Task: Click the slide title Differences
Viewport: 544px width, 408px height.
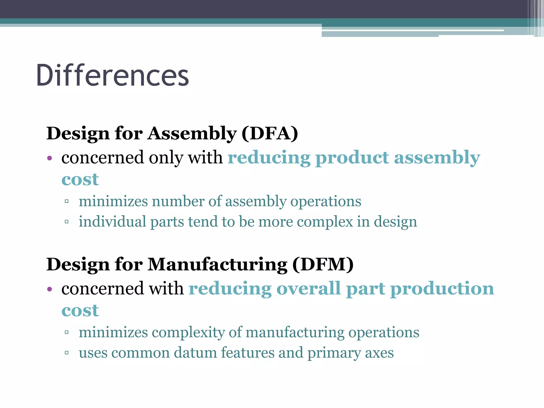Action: [112, 76]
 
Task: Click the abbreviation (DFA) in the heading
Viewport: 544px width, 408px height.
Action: [270, 133]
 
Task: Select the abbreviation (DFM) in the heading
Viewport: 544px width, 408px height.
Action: [323, 265]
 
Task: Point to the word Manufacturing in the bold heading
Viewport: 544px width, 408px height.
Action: [217, 265]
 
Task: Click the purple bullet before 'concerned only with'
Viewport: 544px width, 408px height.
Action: [49, 159]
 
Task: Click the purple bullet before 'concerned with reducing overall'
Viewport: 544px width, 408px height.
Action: [49, 290]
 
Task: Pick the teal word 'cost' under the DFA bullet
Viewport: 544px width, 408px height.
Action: [80, 180]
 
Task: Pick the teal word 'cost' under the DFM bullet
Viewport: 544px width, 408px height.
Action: [80, 311]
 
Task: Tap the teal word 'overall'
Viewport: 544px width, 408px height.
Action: [308, 289]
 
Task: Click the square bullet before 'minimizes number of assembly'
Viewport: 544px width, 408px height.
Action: [67, 202]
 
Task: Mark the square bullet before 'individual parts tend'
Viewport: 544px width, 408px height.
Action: [67, 222]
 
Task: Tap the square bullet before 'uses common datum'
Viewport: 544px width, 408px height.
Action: [67, 353]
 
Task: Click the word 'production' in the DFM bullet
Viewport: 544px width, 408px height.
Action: [442, 289]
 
